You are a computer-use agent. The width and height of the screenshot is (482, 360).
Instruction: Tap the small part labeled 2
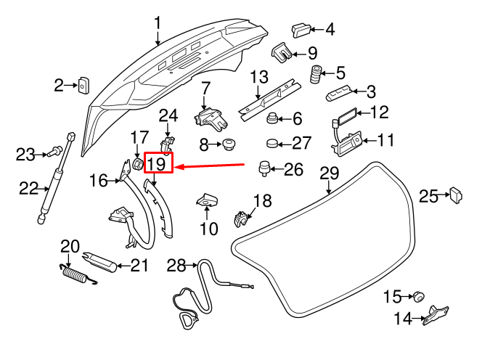(83, 86)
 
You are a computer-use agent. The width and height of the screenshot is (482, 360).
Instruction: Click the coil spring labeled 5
(316, 74)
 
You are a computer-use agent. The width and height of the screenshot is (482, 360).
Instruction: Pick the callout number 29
(330, 173)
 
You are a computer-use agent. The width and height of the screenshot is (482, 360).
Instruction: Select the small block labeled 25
(457, 195)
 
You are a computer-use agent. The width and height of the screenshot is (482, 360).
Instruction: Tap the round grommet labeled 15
(418, 295)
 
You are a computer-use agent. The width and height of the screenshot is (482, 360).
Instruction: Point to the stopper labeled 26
(264, 169)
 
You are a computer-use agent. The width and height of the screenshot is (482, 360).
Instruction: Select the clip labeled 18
(242, 217)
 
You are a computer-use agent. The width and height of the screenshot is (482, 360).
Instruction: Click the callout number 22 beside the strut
(28, 189)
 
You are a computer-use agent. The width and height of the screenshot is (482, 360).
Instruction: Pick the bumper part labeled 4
(301, 30)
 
